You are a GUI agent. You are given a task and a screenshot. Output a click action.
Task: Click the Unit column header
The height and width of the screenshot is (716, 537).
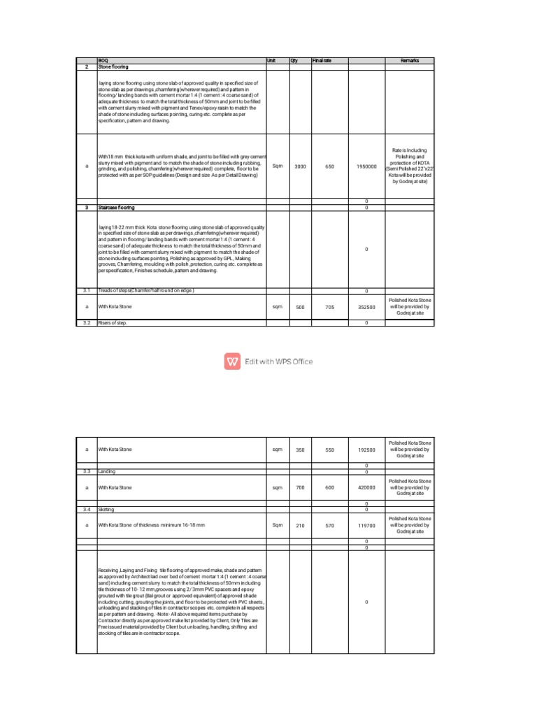[x=272, y=61]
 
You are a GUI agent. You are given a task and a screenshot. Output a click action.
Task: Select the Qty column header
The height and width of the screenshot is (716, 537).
[x=294, y=61]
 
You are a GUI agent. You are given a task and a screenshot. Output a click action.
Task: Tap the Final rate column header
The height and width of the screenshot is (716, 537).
[x=322, y=61]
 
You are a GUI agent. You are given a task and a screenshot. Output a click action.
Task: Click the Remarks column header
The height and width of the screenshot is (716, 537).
[x=410, y=61]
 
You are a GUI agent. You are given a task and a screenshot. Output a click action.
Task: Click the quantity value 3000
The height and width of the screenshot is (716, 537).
[x=300, y=166]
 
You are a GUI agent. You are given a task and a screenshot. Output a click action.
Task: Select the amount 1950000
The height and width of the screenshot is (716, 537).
[x=366, y=166]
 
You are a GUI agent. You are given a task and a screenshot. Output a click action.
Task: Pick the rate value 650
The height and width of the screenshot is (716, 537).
[x=330, y=166]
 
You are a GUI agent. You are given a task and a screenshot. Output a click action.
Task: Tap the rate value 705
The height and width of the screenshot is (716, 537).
[x=330, y=306]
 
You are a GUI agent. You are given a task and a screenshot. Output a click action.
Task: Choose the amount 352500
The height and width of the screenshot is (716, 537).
[x=366, y=306]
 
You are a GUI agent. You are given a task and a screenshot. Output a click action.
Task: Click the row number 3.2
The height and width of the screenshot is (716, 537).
[x=87, y=323]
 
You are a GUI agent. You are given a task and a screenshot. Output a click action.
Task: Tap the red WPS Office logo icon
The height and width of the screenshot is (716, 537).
[x=233, y=361]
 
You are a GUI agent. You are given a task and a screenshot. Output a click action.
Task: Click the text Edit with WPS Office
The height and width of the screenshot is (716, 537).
[x=278, y=361]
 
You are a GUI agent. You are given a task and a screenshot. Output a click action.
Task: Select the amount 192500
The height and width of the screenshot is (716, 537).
[x=366, y=450]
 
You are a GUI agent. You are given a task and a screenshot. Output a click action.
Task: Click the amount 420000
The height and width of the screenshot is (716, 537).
[x=366, y=487]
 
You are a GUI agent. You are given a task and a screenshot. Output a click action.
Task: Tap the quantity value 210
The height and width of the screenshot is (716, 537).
[x=300, y=524]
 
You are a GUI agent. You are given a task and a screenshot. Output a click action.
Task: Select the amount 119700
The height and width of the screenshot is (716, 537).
[x=366, y=524]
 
